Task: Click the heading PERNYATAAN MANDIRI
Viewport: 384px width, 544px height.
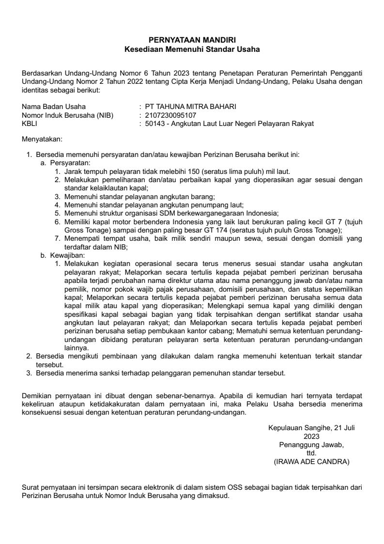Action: pyautogui.click(x=192, y=40)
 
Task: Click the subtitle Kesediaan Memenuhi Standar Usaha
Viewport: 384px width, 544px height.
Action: pyautogui.click(x=192, y=49)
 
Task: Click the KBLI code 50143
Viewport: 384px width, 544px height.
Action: pyautogui.click(x=155, y=124)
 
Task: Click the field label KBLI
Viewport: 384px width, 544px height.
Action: pyautogui.click(x=30, y=124)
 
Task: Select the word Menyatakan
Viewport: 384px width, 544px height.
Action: pyautogui.click(x=42, y=140)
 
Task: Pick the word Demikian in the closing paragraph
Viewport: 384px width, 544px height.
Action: pyautogui.click(x=37, y=396)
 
